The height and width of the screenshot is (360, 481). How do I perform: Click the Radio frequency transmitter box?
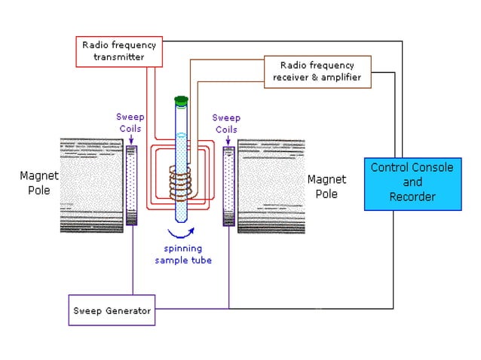[x=113, y=50]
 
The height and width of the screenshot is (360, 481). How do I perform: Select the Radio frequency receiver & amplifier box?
[x=318, y=71]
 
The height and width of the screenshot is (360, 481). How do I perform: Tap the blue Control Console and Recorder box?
[x=412, y=182]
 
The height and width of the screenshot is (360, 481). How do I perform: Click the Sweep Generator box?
[x=112, y=310]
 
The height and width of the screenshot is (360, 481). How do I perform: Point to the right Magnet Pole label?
[x=326, y=185]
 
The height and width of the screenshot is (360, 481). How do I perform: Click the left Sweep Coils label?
[x=129, y=122]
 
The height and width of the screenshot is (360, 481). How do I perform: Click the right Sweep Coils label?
[x=225, y=123]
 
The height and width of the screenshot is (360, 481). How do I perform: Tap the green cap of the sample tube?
[x=180, y=100]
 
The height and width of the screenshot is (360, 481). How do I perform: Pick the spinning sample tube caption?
[x=183, y=255]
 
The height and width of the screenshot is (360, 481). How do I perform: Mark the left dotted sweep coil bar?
[x=132, y=185]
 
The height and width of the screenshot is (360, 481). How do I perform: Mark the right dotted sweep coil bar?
[x=228, y=185]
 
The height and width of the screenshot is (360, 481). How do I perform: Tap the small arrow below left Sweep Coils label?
[x=133, y=139]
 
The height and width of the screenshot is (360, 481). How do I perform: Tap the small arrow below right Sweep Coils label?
[x=228, y=139]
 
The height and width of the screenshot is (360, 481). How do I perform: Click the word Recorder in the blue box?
[x=412, y=197]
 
